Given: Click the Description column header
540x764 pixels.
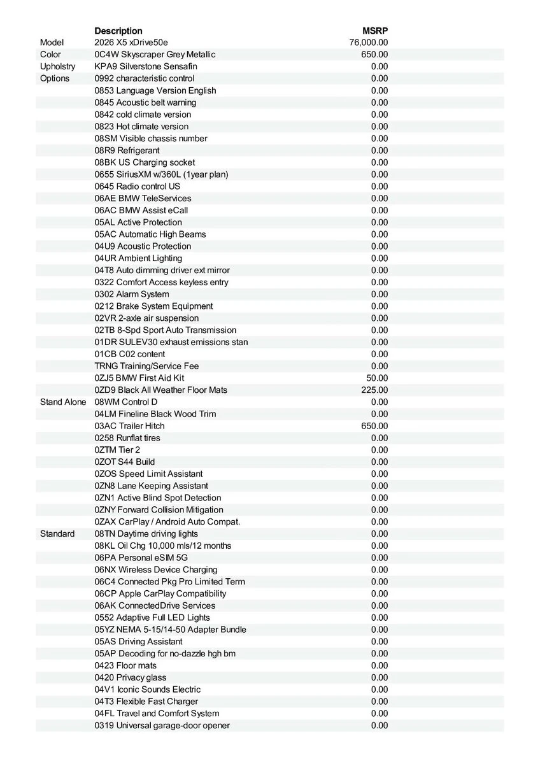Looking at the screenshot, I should [118, 31].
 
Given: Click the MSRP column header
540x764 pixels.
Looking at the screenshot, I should [375, 31].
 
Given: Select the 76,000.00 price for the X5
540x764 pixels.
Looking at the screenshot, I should [369, 43].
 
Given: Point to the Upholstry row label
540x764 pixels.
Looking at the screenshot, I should [57, 66].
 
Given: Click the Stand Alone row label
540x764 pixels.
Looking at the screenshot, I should [63, 402].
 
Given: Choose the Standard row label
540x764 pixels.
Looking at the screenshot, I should [57, 534].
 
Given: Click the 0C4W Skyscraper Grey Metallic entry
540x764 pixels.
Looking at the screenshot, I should [155, 55].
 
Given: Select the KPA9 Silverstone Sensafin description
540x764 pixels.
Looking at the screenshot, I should [146, 66].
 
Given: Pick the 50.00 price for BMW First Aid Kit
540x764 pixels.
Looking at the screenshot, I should [378, 378].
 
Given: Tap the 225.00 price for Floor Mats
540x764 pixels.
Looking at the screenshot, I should [375, 390].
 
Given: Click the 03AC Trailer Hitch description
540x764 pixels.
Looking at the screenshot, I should [129, 426].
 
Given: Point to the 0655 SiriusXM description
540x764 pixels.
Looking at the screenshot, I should [161, 174].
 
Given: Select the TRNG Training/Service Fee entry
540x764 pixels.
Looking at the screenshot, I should [146, 366].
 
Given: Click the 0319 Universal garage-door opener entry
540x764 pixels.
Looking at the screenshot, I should [162, 725].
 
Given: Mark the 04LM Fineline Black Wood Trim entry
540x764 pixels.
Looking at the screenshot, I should [155, 414].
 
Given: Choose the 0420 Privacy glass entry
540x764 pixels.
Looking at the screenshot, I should [131, 677].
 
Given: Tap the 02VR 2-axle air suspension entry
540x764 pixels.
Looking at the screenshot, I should [146, 318].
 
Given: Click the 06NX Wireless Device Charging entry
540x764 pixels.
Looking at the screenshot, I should [156, 570].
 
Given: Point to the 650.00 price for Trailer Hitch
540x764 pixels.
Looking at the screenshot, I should [374, 426].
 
